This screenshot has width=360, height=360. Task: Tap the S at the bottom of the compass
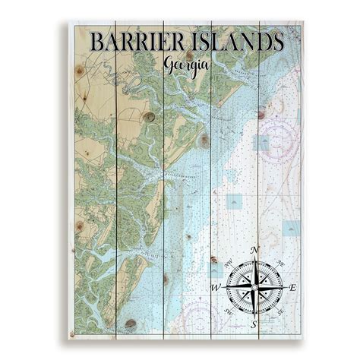coord(255,326)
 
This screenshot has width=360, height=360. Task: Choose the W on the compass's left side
coord(216,288)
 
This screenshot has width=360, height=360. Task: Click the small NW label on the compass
coord(228,261)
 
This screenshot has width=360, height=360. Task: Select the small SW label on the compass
coord(228,314)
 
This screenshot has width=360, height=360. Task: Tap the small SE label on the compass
coord(283,314)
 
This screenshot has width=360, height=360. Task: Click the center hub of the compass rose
coord(255,288)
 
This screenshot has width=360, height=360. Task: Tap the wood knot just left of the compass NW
coord(212,263)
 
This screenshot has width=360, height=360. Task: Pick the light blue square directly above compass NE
coord(291,227)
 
